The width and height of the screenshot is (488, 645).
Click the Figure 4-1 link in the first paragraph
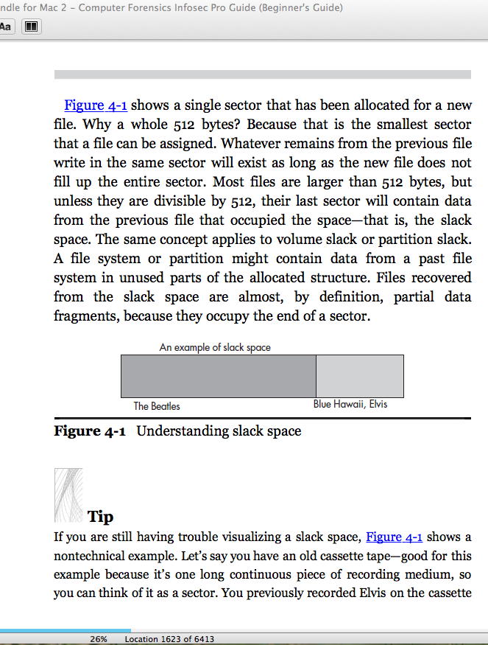pyautogui.click(x=96, y=105)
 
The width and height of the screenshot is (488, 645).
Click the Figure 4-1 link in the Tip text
pyautogui.click(x=394, y=537)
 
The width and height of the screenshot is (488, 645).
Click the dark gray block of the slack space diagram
pyautogui.click(x=218, y=376)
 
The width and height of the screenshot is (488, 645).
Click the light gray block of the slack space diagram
pyautogui.click(x=360, y=376)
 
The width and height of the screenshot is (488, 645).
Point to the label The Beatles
pyautogui.click(x=157, y=406)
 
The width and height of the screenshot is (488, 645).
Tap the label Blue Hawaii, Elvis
pyautogui.click(x=350, y=405)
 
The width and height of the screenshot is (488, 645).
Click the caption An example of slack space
pyautogui.click(x=215, y=347)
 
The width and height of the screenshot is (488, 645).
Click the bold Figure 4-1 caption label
pyautogui.click(x=89, y=431)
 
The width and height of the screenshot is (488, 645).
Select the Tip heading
pyautogui.click(x=100, y=517)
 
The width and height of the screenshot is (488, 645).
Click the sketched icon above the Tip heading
pyautogui.click(x=68, y=494)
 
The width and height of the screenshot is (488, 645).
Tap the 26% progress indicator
pyautogui.click(x=99, y=639)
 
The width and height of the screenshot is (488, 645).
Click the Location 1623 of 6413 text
pyautogui.click(x=170, y=639)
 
